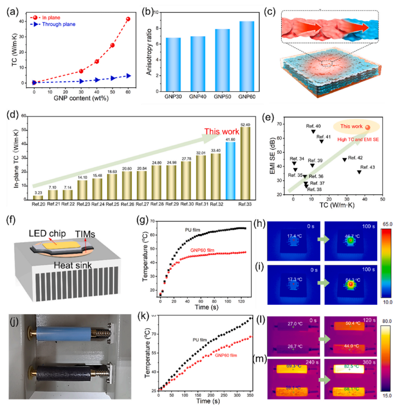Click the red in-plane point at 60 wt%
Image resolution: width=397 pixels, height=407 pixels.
(128, 19)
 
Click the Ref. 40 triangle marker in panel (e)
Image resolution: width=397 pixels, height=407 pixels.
(314, 131)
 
